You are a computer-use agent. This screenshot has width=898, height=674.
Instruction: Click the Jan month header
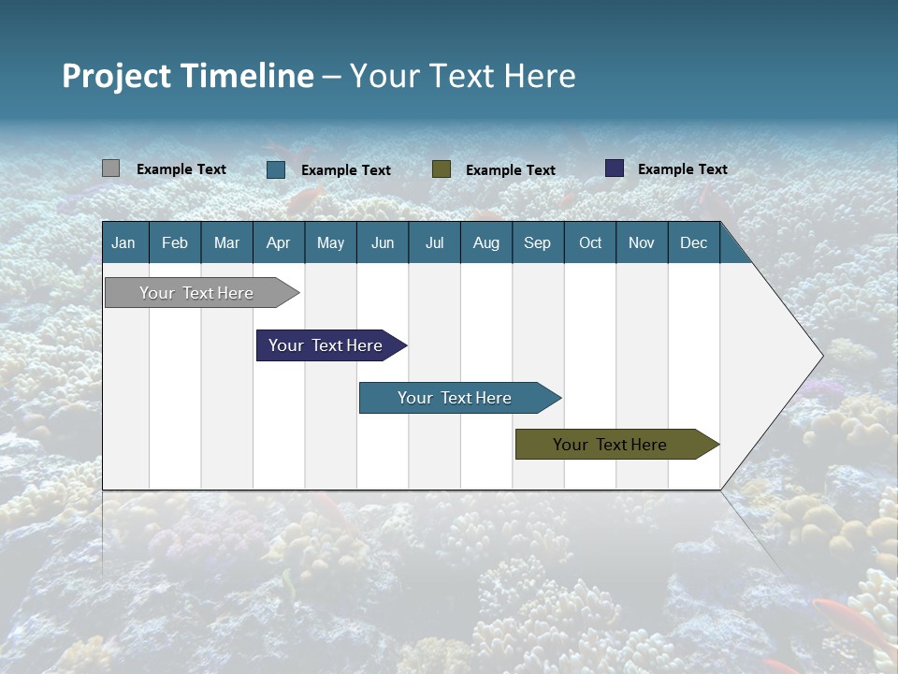[x=123, y=242]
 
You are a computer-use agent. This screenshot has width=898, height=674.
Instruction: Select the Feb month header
[x=175, y=242]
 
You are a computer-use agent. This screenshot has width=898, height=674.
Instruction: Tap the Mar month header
[x=226, y=242]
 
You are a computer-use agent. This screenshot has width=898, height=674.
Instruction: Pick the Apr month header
[x=278, y=242]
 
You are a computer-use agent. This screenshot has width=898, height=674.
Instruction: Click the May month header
[x=330, y=242]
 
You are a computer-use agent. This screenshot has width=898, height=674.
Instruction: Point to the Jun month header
[x=383, y=242]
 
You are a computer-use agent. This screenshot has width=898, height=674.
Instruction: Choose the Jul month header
[x=434, y=242]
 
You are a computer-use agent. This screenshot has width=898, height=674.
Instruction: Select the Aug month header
[x=485, y=242]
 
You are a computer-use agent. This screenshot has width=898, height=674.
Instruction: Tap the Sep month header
[x=537, y=242]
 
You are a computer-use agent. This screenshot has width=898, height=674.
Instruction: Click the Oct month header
[x=590, y=242]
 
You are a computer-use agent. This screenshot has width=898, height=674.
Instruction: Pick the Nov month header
[x=642, y=242]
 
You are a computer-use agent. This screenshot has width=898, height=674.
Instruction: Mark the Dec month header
[x=693, y=242]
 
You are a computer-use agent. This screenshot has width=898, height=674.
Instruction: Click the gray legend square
[x=110, y=168]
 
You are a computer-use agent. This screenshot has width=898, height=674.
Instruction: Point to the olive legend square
[x=442, y=168]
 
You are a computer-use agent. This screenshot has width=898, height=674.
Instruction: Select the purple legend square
[x=614, y=168]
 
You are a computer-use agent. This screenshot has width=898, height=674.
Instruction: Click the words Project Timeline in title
[x=188, y=76]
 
